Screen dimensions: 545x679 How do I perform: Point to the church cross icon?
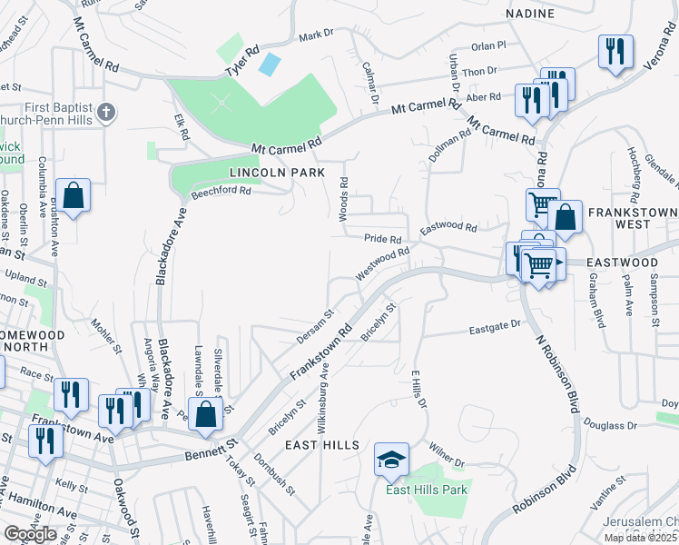(106, 114)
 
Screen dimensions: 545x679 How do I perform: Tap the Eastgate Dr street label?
(495, 324)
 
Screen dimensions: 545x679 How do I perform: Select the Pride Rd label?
(382, 239)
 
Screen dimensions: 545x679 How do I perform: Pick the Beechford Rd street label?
(220, 191)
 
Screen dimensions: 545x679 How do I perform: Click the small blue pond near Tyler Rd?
(270, 64)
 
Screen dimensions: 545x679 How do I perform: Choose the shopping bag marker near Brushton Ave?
(73, 195)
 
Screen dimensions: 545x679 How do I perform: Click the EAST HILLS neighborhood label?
(322, 445)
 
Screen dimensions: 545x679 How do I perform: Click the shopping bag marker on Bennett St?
(206, 413)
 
